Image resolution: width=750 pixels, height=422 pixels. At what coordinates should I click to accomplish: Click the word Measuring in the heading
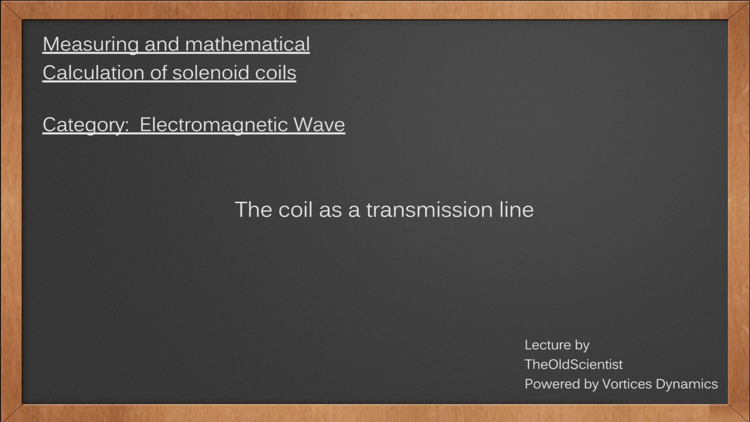tap(90, 45)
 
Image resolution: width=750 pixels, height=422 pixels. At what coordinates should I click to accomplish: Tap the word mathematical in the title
tap(247, 44)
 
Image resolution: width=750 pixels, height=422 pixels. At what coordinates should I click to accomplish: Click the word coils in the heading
tap(276, 72)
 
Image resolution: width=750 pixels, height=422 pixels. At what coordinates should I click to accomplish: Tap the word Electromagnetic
tap(214, 125)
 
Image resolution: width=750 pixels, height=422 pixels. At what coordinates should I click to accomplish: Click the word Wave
tap(319, 125)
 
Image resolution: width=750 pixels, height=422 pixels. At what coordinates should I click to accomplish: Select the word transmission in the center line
tap(429, 210)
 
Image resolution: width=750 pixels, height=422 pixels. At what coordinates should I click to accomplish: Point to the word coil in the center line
tap(295, 210)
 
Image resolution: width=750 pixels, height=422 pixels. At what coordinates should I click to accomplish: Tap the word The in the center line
tap(254, 210)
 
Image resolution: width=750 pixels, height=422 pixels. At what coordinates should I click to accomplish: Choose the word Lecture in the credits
tap(547, 345)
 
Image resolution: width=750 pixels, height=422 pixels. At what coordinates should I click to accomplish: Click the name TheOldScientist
tap(574, 364)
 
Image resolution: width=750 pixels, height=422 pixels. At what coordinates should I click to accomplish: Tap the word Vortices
tap(627, 384)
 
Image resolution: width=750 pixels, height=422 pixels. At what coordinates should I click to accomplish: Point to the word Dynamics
tap(687, 384)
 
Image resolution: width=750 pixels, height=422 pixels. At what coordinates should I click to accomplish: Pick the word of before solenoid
tap(158, 72)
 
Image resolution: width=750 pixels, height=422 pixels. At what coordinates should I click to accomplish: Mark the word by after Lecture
tap(582, 346)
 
